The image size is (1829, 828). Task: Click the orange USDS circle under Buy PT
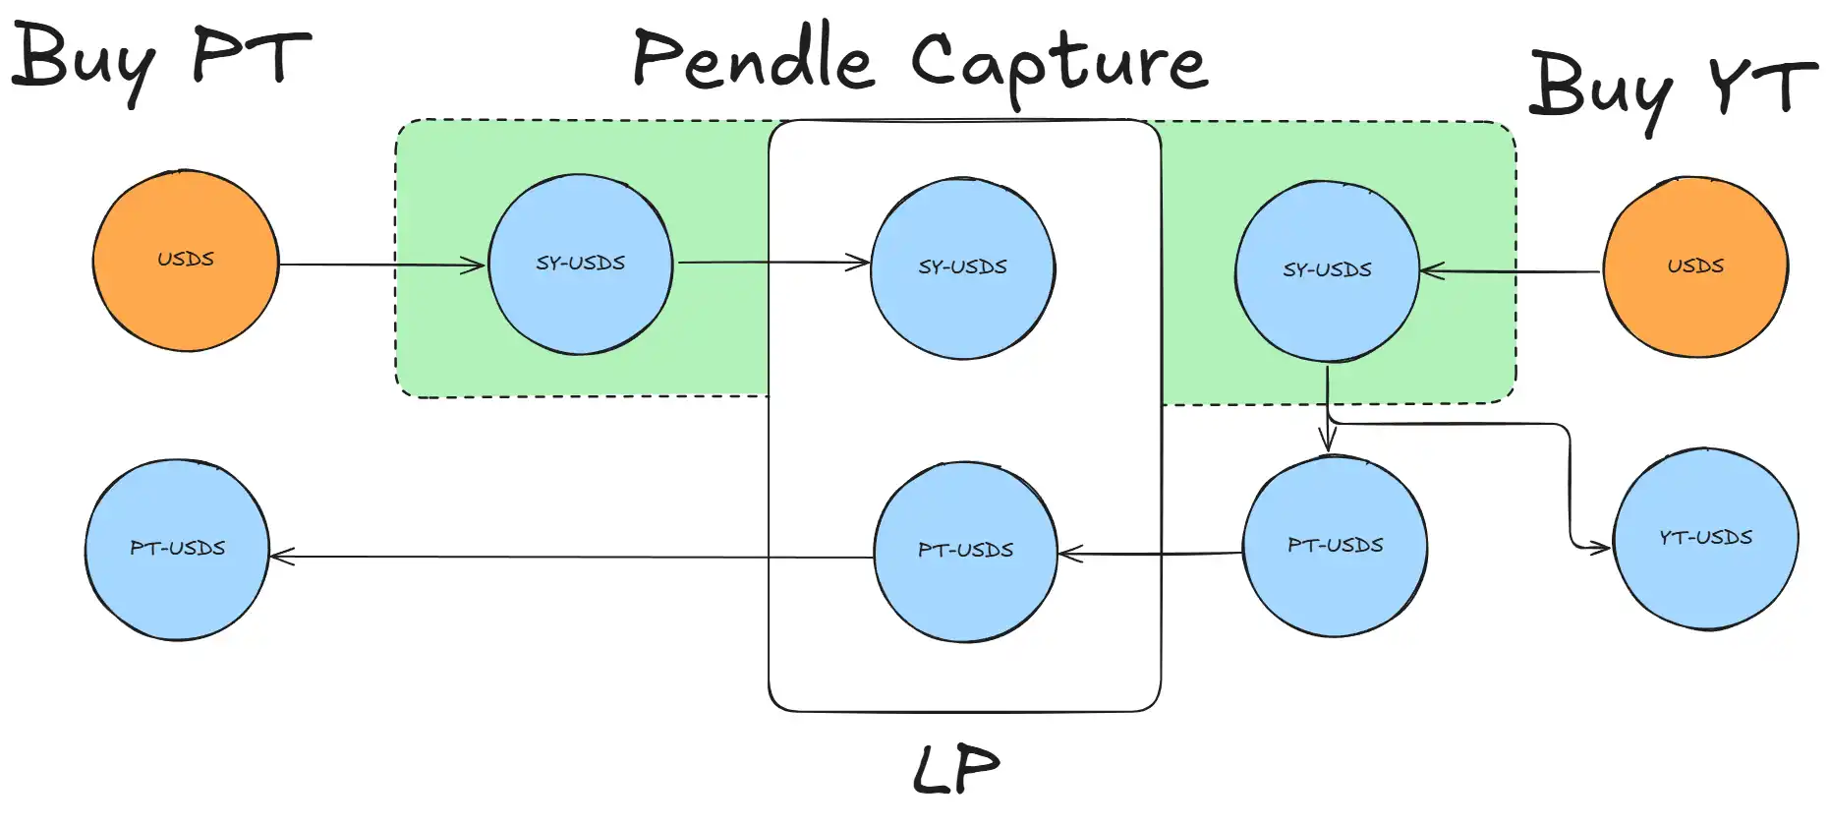(x=186, y=261)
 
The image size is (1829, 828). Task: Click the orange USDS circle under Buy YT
(x=1695, y=266)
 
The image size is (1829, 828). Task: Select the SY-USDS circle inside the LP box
(x=963, y=268)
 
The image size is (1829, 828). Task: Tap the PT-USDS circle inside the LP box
(x=966, y=552)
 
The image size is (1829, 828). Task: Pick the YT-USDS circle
(x=1706, y=539)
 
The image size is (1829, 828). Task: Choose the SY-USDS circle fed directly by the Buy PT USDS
(x=581, y=264)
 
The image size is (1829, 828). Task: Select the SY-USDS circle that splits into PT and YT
(x=1327, y=270)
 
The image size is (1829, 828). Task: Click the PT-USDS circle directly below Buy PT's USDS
(x=177, y=550)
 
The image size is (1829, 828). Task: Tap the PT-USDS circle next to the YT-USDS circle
(x=1336, y=546)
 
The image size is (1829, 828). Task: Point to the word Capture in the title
(x=1059, y=65)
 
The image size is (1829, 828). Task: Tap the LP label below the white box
(x=956, y=769)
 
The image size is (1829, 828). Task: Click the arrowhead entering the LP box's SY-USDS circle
(x=859, y=263)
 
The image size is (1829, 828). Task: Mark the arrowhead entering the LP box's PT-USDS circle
(x=1071, y=554)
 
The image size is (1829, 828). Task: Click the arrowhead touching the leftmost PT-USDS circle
(x=283, y=557)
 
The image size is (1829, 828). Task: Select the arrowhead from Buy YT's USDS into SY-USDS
(x=1433, y=271)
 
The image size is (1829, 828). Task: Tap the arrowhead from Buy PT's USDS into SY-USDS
(x=474, y=265)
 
